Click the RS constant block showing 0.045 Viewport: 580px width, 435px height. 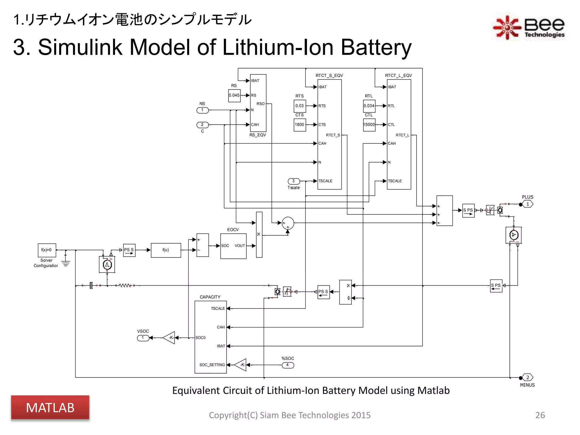pos(234,95)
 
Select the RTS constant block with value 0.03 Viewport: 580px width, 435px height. pos(300,106)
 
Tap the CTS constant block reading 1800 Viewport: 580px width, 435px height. pos(300,125)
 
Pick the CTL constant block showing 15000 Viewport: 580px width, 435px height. pos(369,125)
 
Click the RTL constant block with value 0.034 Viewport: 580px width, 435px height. pos(369,106)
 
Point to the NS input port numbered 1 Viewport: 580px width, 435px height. pos(202,110)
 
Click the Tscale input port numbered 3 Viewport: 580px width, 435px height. pos(294,181)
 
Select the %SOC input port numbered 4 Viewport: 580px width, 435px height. pos(288,365)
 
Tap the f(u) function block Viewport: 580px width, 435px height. pos(166,250)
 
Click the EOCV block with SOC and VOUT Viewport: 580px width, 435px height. pos(233,246)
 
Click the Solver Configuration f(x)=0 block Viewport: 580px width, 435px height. pos(47,250)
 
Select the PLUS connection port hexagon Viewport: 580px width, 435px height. pos(527,204)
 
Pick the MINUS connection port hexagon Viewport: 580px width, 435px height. pos(527,378)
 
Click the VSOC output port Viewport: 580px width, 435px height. pos(143,338)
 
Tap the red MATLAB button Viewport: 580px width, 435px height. pos(50,408)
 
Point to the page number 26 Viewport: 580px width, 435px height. pos(540,415)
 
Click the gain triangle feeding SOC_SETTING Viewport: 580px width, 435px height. pos(241,365)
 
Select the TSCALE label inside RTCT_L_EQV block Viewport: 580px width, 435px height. pos(395,181)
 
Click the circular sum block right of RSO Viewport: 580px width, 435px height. pos(288,223)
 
